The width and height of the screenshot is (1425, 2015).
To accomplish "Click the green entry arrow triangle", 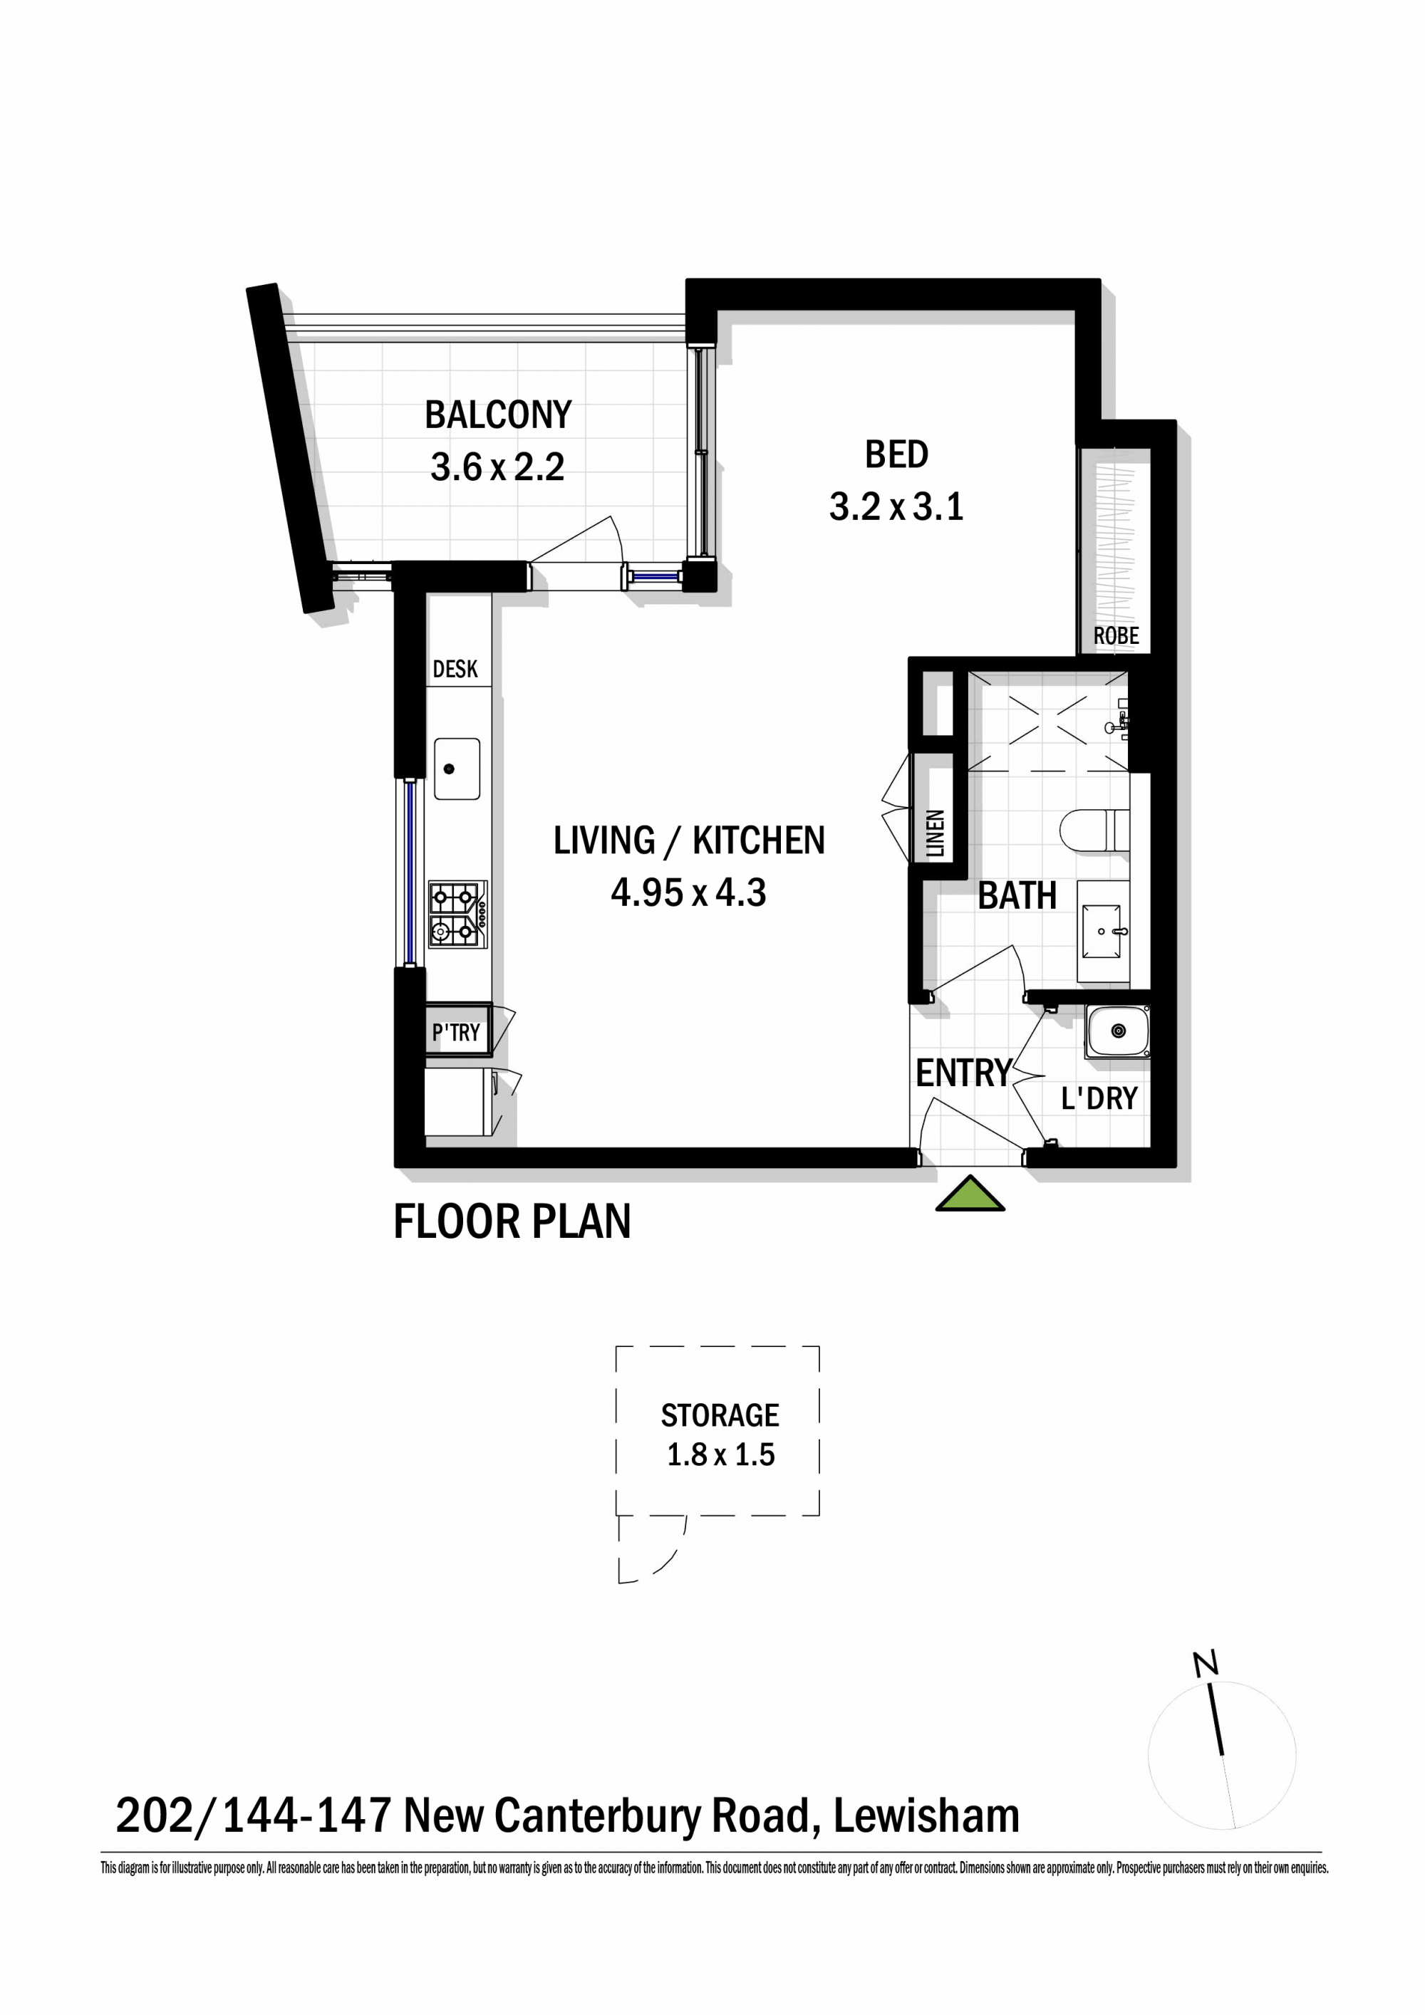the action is (970, 1195).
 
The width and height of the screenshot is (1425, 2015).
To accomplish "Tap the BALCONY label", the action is (498, 415).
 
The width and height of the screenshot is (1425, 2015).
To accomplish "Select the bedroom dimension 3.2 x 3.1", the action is (896, 507).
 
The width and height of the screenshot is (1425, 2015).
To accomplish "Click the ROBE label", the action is (1116, 635).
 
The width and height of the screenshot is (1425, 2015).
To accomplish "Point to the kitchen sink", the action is (457, 768).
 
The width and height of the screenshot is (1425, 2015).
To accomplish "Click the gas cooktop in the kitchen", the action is (457, 915).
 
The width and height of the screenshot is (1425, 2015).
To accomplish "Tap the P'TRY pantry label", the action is (456, 1033).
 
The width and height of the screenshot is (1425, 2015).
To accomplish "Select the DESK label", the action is (455, 670).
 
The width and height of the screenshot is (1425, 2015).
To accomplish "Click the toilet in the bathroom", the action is (1094, 831).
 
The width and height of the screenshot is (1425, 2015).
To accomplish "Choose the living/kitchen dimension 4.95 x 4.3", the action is (688, 893).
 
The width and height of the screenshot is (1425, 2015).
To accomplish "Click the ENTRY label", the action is (964, 1073).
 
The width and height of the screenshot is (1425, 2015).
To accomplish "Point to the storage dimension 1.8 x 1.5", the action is (721, 1455).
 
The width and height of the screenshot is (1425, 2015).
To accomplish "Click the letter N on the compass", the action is (1206, 1663).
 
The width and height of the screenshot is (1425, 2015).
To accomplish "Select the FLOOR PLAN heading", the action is (512, 1222).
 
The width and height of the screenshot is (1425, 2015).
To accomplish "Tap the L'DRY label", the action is (1099, 1098).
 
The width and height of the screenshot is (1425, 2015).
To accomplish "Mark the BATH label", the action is (1017, 896).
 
